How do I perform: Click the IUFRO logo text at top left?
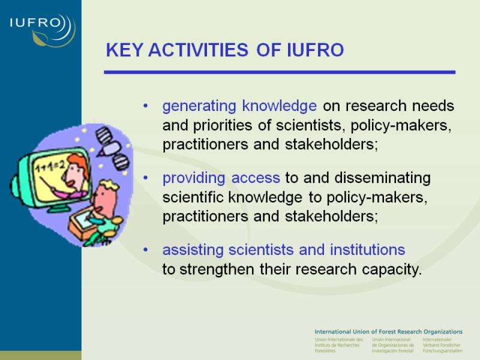35,23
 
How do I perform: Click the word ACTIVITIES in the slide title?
198,50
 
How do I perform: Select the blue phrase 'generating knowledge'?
239,107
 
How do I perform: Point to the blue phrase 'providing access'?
221,178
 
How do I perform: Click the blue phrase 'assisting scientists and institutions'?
284,250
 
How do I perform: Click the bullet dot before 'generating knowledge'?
145,106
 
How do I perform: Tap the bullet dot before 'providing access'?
145,178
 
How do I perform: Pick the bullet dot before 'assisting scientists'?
145,250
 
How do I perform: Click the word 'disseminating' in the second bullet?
382,178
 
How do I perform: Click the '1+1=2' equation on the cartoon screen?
50,167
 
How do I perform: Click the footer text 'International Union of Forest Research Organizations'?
388,332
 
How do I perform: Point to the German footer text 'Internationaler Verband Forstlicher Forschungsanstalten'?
442,345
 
